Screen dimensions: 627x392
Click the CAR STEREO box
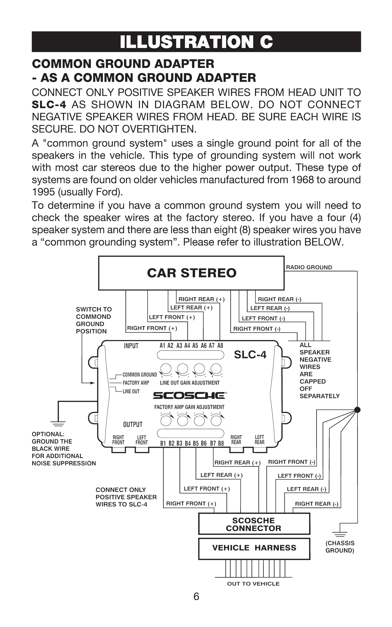point(191,273)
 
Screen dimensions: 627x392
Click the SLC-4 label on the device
point(250,355)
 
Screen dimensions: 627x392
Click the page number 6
point(196,596)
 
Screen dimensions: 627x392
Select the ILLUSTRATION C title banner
point(196,42)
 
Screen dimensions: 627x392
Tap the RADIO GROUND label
point(309,267)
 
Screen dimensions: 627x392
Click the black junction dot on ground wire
point(357,410)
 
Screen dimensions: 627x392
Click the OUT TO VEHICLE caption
point(253,584)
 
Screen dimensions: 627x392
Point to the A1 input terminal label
point(162,345)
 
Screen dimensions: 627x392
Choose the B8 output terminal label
point(221,443)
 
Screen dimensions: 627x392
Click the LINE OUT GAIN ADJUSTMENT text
point(190,383)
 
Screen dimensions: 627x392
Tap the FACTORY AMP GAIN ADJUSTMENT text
point(189,407)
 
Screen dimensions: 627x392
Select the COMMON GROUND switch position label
point(139,375)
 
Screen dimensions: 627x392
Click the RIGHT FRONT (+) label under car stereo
point(152,328)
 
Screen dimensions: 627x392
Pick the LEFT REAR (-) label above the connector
point(306,489)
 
